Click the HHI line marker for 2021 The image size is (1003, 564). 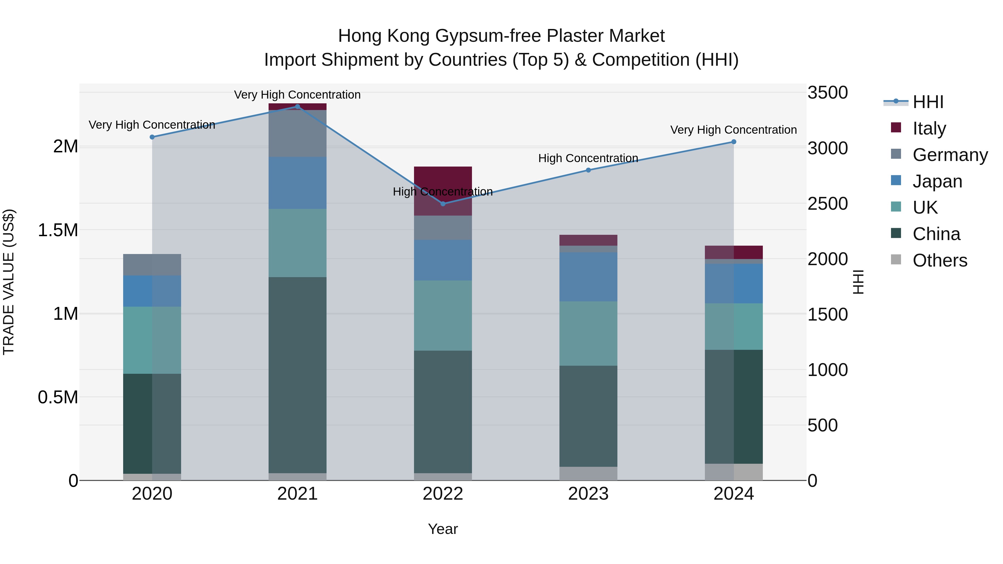(x=298, y=107)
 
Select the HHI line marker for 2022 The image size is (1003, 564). (x=443, y=204)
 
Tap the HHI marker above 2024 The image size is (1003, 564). (x=734, y=142)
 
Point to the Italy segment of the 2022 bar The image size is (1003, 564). (x=443, y=191)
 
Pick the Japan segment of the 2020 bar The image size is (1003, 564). (x=152, y=291)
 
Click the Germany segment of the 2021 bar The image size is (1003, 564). (x=298, y=133)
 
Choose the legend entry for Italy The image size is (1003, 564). (x=929, y=128)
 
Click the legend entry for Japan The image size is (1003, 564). (x=937, y=181)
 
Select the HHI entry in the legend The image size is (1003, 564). (x=927, y=102)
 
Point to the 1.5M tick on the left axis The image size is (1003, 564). (x=58, y=230)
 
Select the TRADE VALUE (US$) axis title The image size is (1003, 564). (x=9, y=282)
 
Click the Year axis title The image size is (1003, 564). (x=443, y=529)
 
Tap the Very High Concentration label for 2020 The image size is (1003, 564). (x=152, y=125)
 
